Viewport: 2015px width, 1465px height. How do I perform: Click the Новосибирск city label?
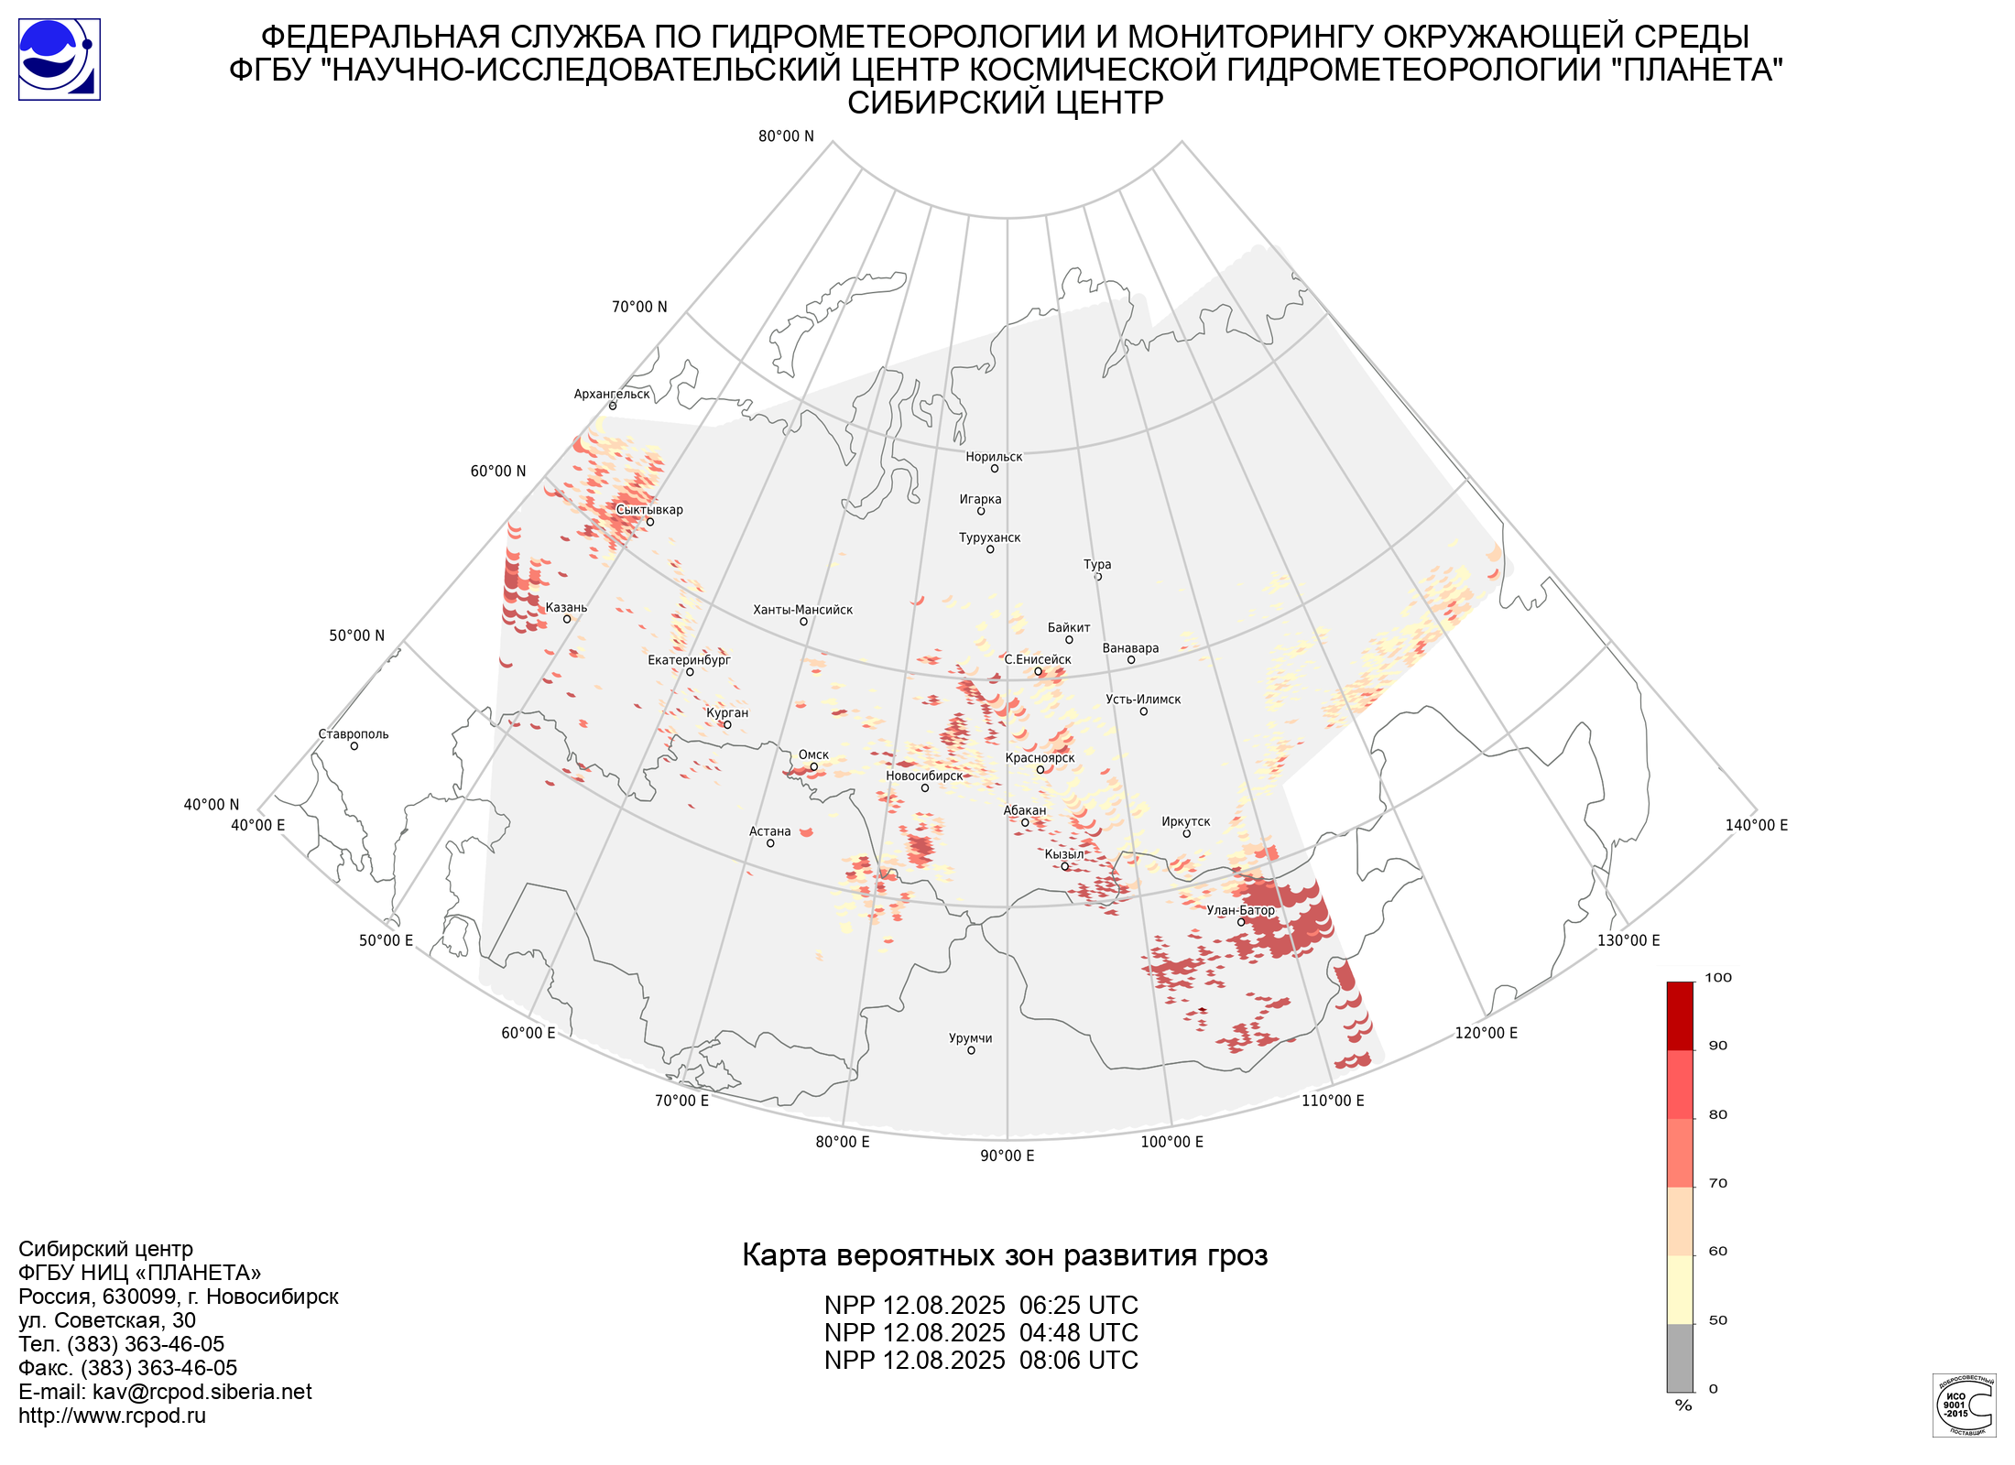click(924, 776)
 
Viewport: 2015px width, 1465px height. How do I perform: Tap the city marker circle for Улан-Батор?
click(1241, 922)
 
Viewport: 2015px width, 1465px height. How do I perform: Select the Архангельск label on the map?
click(612, 395)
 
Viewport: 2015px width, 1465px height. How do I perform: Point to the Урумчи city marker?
click(971, 1050)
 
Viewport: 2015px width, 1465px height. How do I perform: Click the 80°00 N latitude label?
click(786, 136)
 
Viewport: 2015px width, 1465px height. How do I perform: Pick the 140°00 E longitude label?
click(1756, 825)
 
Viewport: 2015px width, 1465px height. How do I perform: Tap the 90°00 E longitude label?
click(1007, 1156)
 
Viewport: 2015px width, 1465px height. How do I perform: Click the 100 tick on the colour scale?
click(1718, 978)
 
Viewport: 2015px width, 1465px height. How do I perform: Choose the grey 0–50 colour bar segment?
click(1680, 1357)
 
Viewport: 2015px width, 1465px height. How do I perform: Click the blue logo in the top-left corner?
click(60, 60)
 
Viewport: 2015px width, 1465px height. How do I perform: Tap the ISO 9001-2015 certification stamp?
click(1964, 1405)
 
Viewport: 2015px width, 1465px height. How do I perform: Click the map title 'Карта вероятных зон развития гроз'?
click(1005, 1255)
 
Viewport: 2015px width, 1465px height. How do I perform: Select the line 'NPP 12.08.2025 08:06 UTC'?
click(981, 1361)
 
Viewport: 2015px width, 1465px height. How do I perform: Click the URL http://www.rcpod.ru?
click(112, 1416)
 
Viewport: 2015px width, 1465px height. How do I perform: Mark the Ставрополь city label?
click(354, 734)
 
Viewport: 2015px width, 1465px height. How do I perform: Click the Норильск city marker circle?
click(994, 469)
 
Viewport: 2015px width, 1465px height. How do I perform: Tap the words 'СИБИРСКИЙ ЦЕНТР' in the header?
click(1005, 103)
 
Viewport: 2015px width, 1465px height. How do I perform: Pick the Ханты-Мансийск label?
click(802, 610)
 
